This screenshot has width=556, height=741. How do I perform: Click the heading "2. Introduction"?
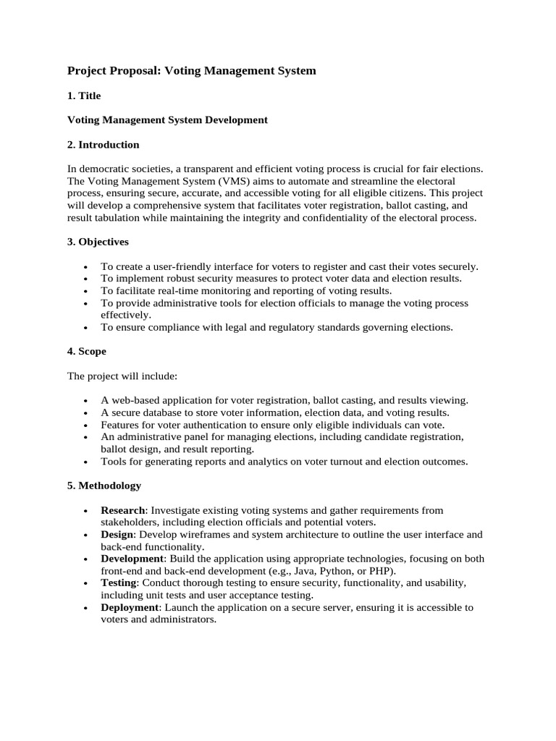point(103,145)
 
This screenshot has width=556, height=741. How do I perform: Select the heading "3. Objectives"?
point(98,241)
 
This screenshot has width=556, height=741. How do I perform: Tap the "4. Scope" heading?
point(87,351)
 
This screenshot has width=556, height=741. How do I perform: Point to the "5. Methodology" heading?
point(104,485)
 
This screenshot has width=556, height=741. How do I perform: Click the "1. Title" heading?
point(84,96)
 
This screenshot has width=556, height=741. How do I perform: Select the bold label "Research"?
point(123,510)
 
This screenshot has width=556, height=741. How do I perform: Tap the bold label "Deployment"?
point(130,607)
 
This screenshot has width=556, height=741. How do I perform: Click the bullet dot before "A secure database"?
point(85,413)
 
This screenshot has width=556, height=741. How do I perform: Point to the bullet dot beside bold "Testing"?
point(85,583)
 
